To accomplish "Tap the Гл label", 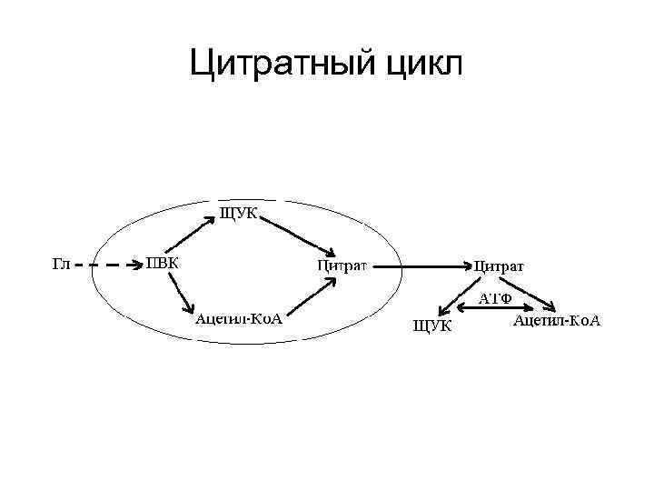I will [61, 265].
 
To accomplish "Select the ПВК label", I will [163, 264].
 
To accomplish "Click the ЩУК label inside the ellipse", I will [239, 214].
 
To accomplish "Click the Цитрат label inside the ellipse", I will [342, 266].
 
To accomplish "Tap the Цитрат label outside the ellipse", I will [499, 266].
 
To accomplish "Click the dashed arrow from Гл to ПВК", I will [106, 266].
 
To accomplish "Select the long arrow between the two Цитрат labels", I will [421, 266].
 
